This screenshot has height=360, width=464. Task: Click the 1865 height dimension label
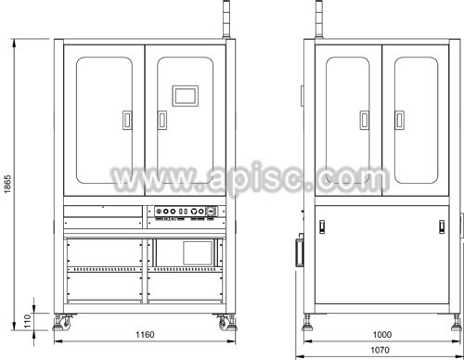(7, 184)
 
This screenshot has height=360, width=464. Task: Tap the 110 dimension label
(28, 321)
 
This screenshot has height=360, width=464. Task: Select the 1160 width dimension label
(145, 335)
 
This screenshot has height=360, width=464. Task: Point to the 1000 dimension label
(382, 335)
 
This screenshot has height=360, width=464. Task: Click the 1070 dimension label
(380, 350)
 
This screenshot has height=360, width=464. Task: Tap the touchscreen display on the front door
(186, 96)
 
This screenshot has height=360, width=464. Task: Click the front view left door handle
(127, 120)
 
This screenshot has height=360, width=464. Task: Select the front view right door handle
(162, 120)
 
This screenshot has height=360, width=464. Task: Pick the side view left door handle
(365, 120)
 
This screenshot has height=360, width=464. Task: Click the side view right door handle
(400, 120)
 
